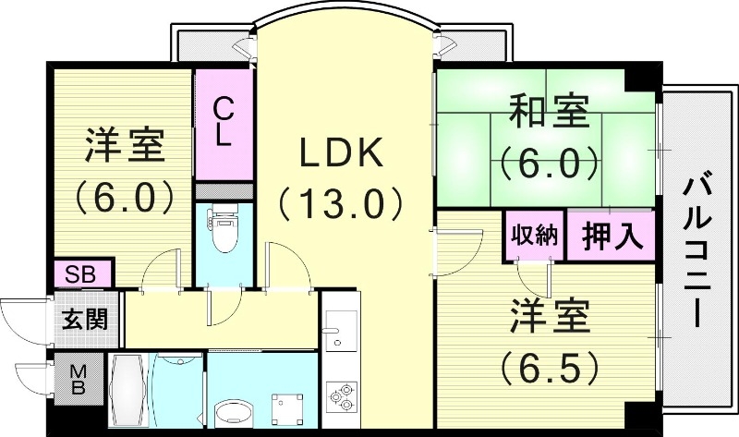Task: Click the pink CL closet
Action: [x=222, y=124]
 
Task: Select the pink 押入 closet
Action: [x=611, y=236]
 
